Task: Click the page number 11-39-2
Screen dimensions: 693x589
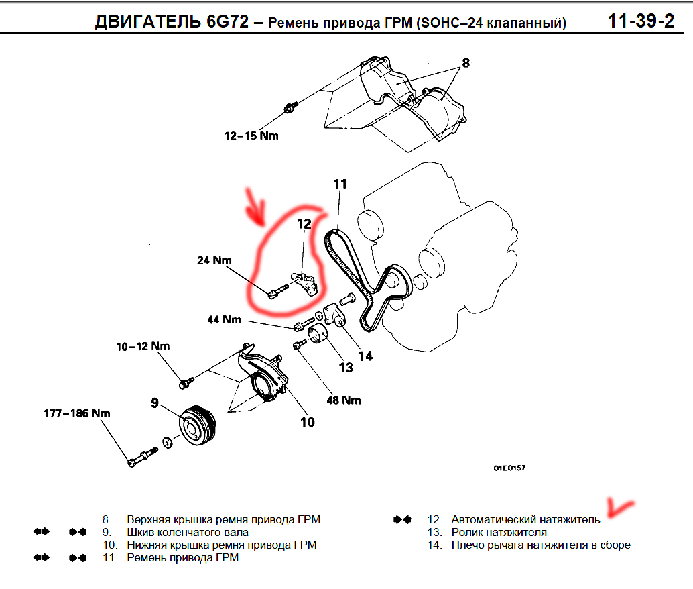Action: click(x=641, y=21)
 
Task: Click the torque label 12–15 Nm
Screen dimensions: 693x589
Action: click(x=251, y=136)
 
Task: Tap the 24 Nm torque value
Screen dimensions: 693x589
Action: click(x=214, y=260)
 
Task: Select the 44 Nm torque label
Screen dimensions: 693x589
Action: click(x=225, y=319)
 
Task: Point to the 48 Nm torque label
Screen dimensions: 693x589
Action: click(x=344, y=400)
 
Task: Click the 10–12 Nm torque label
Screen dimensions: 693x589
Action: click(x=143, y=347)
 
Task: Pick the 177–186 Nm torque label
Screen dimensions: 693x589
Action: click(x=77, y=413)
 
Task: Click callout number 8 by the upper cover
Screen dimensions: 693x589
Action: click(x=466, y=63)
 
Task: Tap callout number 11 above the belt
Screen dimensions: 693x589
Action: click(x=340, y=184)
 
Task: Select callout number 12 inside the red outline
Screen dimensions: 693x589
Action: click(x=304, y=224)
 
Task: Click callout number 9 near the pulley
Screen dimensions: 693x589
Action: click(x=155, y=403)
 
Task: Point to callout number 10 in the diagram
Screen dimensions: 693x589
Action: click(x=308, y=422)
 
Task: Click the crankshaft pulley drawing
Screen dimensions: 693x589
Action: click(x=198, y=425)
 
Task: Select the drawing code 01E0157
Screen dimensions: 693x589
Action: click(x=509, y=468)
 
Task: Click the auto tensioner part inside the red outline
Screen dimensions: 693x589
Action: click(x=306, y=283)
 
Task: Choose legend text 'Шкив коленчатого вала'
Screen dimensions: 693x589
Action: click(x=188, y=533)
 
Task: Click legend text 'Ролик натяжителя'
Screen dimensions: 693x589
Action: click(x=499, y=533)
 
